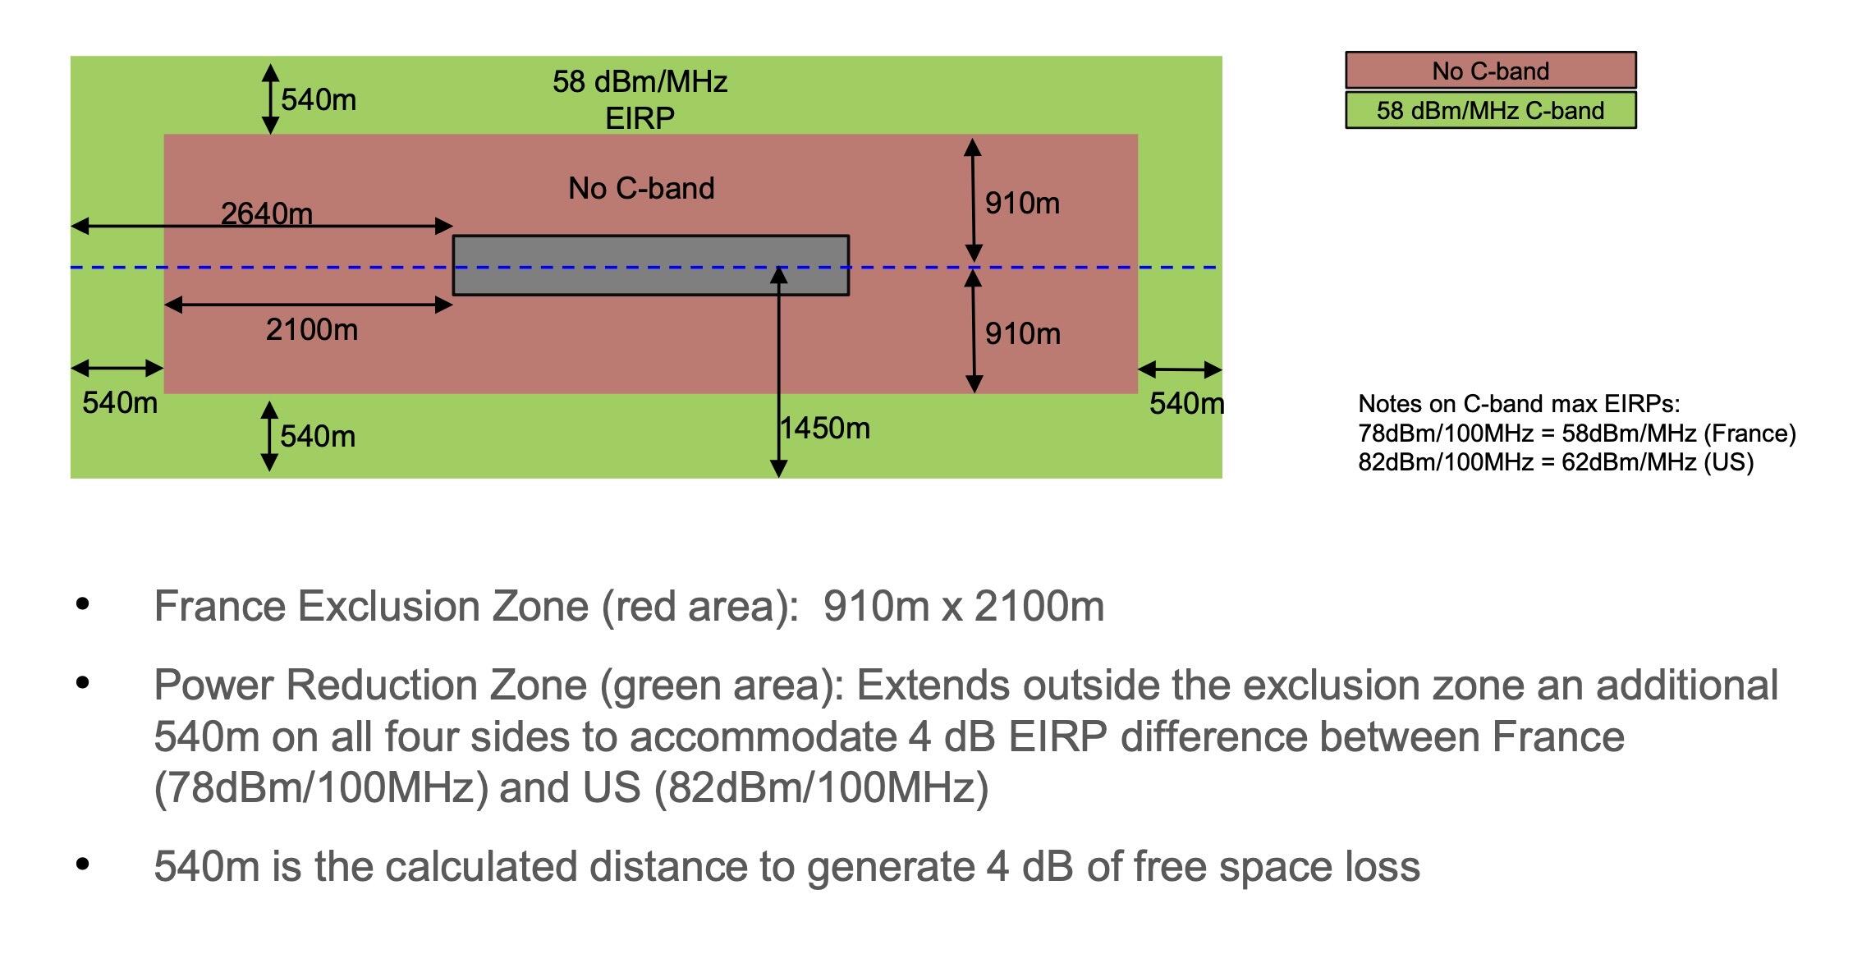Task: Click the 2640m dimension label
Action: [267, 213]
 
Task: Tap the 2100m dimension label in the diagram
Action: [312, 330]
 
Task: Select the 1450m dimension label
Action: [825, 429]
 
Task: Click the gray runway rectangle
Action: [650, 265]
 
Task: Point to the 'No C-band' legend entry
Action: [1490, 71]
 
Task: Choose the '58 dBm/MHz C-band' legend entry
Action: [1490, 111]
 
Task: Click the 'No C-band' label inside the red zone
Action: [641, 189]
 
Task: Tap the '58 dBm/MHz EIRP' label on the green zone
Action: [640, 99]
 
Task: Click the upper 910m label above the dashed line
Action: [1022, 204]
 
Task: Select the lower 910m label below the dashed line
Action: [1022, 334]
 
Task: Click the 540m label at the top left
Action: [319, 100]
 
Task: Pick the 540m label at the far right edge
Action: [1186, 404]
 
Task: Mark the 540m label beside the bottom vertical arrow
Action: [318, 437]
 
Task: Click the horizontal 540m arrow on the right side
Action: [1180, 369]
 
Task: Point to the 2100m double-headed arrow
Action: [309, 305]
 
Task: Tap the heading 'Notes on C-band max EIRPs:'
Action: [1519, 404]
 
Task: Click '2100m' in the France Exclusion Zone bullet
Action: [1039, 607]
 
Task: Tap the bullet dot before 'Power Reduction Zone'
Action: [82, 683]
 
